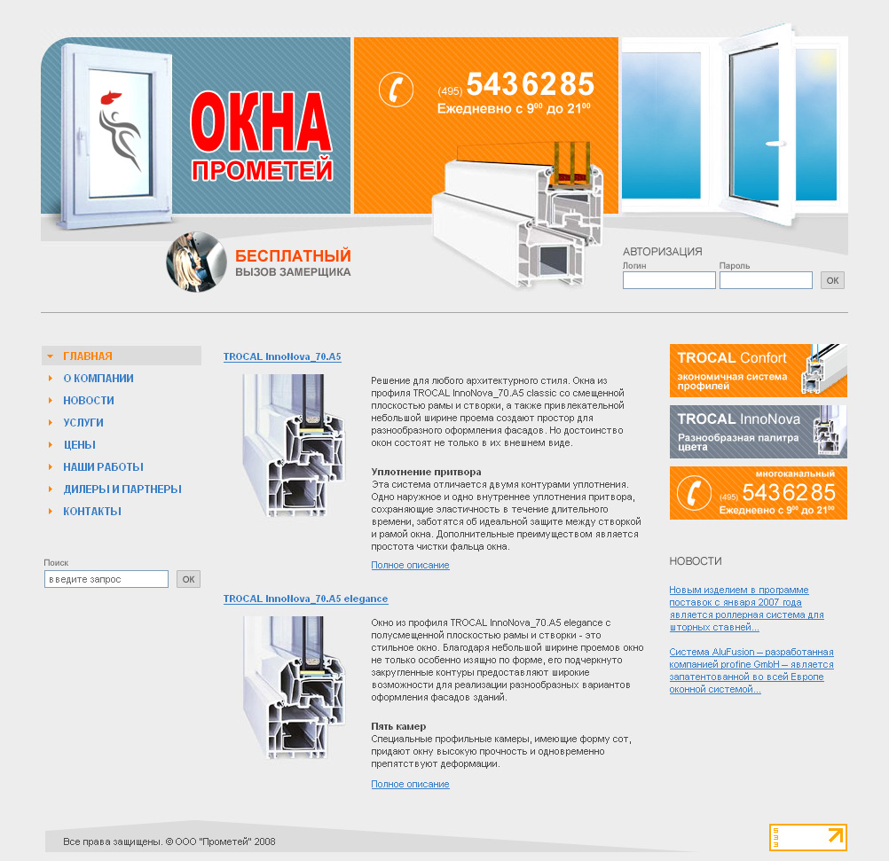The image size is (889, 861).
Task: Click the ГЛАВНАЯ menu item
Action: click(88, 356)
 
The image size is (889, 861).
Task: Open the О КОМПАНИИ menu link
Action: click(98, 379)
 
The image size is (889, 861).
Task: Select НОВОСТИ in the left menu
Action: click(89, 401)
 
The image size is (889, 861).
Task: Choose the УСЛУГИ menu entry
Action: click(83, 423)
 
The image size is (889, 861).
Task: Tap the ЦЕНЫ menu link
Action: click(80, 445)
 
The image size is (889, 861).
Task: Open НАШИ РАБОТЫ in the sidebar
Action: click(103, 467)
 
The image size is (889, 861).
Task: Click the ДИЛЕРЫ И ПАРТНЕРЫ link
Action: click(122, 489)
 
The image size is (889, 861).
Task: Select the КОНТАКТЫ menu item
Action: click(92, 512)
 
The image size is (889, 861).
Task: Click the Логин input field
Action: click(669, 280)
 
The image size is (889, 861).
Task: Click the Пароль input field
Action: click(766, 280)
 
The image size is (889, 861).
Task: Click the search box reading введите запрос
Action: click(106, 579)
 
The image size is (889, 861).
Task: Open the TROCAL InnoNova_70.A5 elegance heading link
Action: click(305, 599)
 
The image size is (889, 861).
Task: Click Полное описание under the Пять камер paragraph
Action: click(410, 784)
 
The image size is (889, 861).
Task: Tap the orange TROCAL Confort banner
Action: click(758, 371)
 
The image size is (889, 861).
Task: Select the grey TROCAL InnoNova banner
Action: click(758, 432)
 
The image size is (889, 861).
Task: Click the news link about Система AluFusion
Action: click(751, 670)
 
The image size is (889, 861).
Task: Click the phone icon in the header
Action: click(397, 90)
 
